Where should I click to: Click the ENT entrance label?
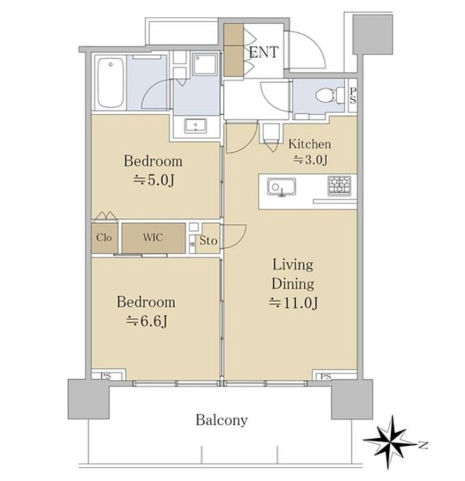264,52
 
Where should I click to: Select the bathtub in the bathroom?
111,82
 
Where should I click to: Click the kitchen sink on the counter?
282,187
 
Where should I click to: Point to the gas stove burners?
339,185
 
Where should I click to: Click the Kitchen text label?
310,144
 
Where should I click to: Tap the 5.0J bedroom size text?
153,180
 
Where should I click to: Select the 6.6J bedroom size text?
147,322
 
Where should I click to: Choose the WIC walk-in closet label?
153,237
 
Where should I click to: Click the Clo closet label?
104,238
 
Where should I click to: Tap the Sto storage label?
208,240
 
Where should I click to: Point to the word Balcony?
221,420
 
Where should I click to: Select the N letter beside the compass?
423,445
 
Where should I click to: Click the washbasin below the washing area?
196,126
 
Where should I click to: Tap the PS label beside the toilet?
353,96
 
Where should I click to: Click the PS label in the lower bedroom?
106,376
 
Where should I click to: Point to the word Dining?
293,284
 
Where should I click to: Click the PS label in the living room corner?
325,376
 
